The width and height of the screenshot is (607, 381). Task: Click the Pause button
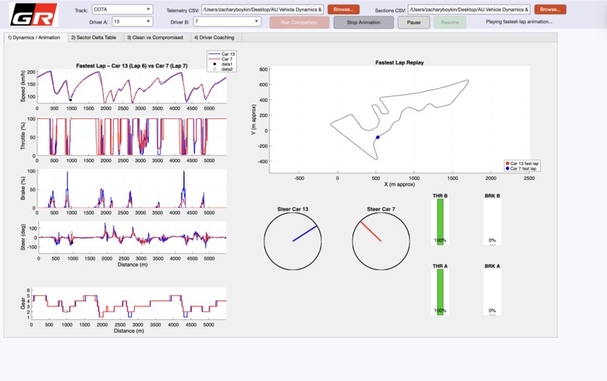tap(413, 23)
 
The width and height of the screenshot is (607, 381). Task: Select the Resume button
tap(449, 23)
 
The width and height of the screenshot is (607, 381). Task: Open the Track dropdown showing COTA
tap(122, 10)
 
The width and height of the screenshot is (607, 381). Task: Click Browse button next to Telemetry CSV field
tap(343, 10)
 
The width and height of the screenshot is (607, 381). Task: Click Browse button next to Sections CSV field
tap(550, 10)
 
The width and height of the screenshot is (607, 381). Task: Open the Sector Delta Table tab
tap(93, 37)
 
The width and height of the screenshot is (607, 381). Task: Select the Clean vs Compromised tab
tap(154, 37)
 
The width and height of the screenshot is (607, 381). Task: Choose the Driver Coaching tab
tap(213, 37)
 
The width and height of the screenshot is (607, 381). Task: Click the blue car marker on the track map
tap(377, 137)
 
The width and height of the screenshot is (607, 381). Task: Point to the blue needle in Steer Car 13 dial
tap(305, 233)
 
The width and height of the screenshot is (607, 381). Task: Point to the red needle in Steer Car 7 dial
tap(371, 231)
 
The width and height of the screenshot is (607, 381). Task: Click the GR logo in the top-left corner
tap(23, 14)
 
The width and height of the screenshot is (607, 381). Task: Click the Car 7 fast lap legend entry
tap(525, 169)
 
